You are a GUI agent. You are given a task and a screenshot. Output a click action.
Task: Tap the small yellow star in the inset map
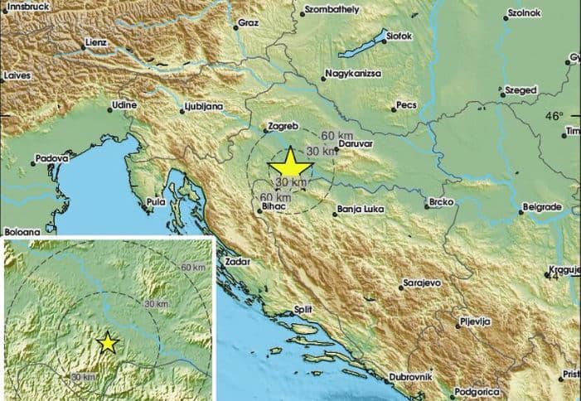(107, 341)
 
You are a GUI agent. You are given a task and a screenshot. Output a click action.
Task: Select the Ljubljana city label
(203, 108)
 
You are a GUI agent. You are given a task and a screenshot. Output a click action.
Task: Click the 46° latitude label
(554, 115)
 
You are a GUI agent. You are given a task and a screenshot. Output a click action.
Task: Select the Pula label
(155, 200)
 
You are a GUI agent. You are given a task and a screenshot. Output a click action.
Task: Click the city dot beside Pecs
(395, 109)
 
